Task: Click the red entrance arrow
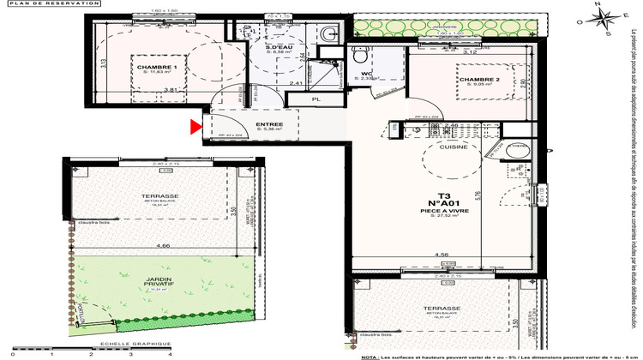coord(195,129)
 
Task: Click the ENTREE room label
coord(245,125)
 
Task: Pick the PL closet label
coord(315,99)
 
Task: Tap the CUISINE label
coord(453,147)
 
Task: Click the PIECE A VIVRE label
coord(443,211)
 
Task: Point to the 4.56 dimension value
coord(441,255)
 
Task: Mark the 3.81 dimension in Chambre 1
coord(170,89)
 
